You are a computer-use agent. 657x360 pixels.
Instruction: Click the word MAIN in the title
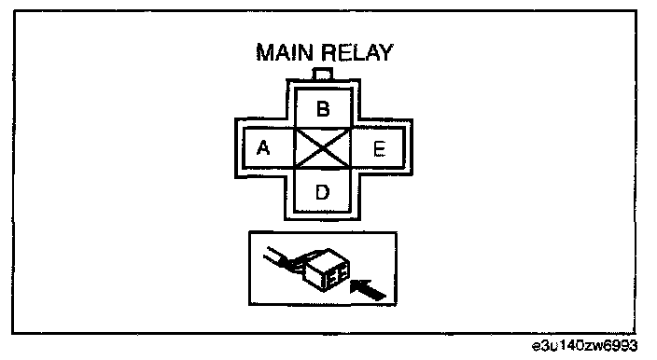pos(285,53)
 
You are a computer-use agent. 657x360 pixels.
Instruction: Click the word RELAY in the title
pos(358,53)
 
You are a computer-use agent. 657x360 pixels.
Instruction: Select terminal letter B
pos(323,109)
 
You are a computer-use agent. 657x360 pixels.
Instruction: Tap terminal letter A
pos(263,147)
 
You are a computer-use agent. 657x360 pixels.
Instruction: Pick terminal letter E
pos(379,148)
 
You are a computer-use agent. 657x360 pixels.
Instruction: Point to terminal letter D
pos(322,192)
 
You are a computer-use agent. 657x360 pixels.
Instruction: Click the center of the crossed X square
pos(323,148)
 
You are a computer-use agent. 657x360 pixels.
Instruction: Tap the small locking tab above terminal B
pos(323,74)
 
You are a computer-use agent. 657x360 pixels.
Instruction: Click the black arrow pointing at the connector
pos(368,290)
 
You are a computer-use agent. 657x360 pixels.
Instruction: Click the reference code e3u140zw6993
pos(584,346)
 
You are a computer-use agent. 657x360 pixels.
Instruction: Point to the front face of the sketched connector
pos(337,275)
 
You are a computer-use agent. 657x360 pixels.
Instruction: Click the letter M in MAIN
pos(266,53)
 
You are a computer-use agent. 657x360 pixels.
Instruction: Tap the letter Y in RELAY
pos(385,53)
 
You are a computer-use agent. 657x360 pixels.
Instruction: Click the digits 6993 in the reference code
pos(622,346)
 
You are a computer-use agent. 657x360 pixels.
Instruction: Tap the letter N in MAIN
pos(305,53)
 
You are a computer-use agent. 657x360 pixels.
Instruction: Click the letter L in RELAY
pos(358,53)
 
